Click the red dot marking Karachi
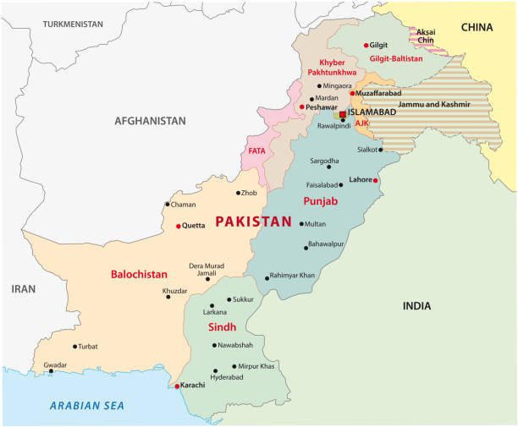tap(177, 386)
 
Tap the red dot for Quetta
tap(178, 226)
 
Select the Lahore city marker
tap(376, 180)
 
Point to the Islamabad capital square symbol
tap(343, 112)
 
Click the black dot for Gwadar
tap(51, 370)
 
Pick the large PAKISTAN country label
tap(253, 222)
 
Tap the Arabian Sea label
tap(87, 406)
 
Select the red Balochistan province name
tap(139, 274)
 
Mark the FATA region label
tap(256, 151)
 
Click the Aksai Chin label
tap(426, 36)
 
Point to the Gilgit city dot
tap(366, 46)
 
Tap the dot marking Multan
tap(301, 224)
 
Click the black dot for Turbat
tap(74, 346)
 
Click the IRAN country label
tap(23, 288)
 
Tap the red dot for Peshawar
tap(301, 107)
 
